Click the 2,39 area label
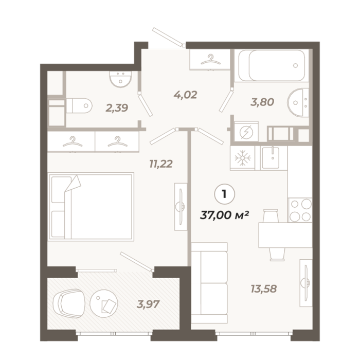[117, 108]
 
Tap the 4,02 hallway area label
[185, 95]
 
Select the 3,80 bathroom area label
[262, 102]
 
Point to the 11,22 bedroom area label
[160, 164]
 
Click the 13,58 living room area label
[263, 289]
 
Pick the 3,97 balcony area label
[148, 304]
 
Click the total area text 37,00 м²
[225, 215]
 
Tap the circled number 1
[224, 194]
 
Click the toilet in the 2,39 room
[79, 106]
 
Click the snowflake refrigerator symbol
[242, 158]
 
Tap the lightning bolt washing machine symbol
[246, 132]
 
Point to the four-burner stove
[300, 210]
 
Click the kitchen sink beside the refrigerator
[271, 158]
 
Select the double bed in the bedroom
[91, 207]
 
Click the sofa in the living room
[209, 283]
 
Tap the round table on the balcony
[104, 303]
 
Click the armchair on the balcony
[68, 303]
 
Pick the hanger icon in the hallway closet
[210, 59]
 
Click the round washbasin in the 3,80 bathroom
[298, 103]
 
